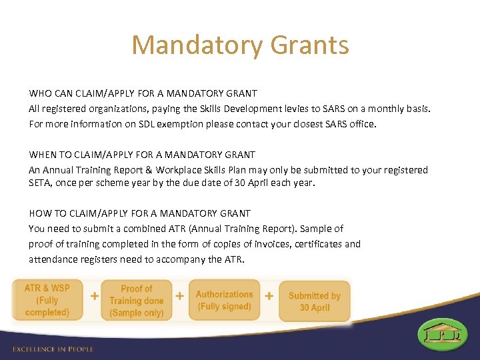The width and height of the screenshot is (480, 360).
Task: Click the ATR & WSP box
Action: (x=47, y=300)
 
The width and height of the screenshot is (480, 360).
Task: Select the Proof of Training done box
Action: (x=136, y=301)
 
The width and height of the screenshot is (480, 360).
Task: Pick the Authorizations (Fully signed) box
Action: (x=224, y=300)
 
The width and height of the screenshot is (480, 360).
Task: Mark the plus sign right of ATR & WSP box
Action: (x=95, y=295)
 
